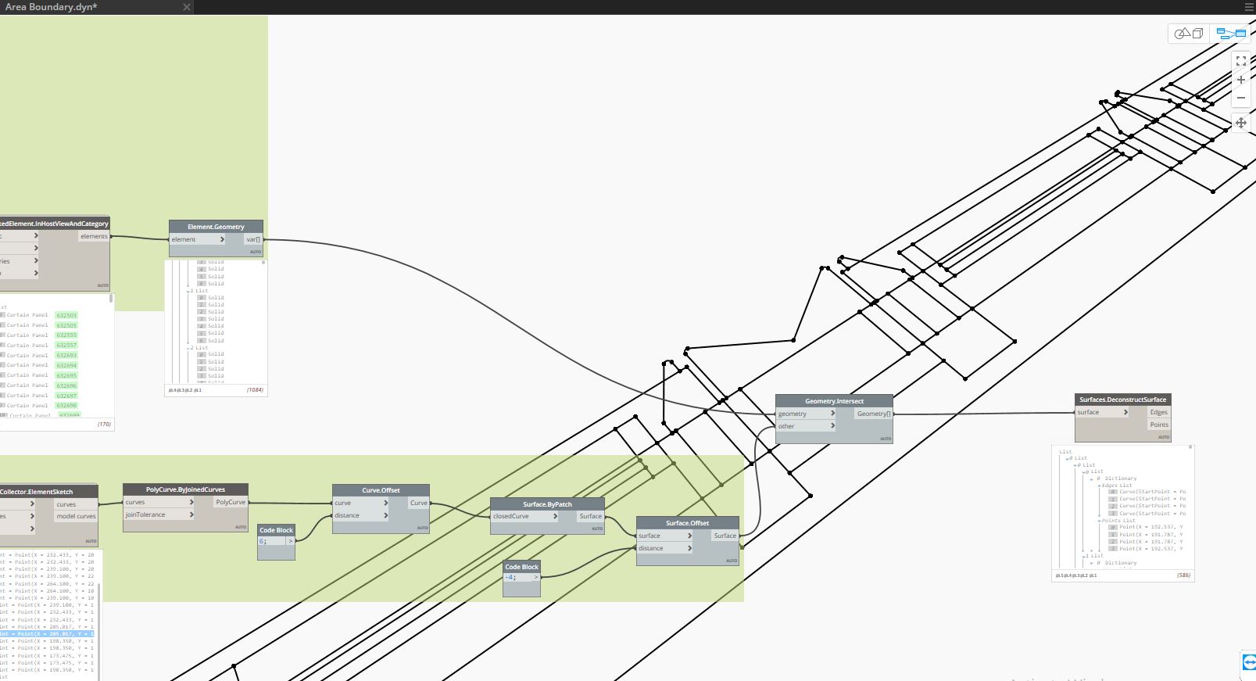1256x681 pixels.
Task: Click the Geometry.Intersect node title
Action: (834, 401)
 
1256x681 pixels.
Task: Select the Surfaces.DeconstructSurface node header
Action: (1122, 400)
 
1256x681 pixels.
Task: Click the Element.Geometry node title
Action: (216, 227)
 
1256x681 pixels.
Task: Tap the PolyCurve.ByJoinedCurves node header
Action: (185, 489)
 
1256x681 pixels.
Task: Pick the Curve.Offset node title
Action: (381, 490)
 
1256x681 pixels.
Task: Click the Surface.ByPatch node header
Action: (547, 504)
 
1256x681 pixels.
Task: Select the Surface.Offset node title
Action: (687, 523)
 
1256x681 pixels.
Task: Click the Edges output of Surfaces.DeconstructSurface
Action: (1158, 412)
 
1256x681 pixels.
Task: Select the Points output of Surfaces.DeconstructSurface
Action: (1158, 425)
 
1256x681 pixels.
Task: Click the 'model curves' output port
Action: (76, 516)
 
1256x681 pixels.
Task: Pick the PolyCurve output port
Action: (231, 502)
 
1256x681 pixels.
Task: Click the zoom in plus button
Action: (1240, 80)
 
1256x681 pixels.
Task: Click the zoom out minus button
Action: (1240, 98)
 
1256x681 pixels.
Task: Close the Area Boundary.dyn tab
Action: (186, 7)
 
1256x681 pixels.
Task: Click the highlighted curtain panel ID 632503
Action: (66, 315)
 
